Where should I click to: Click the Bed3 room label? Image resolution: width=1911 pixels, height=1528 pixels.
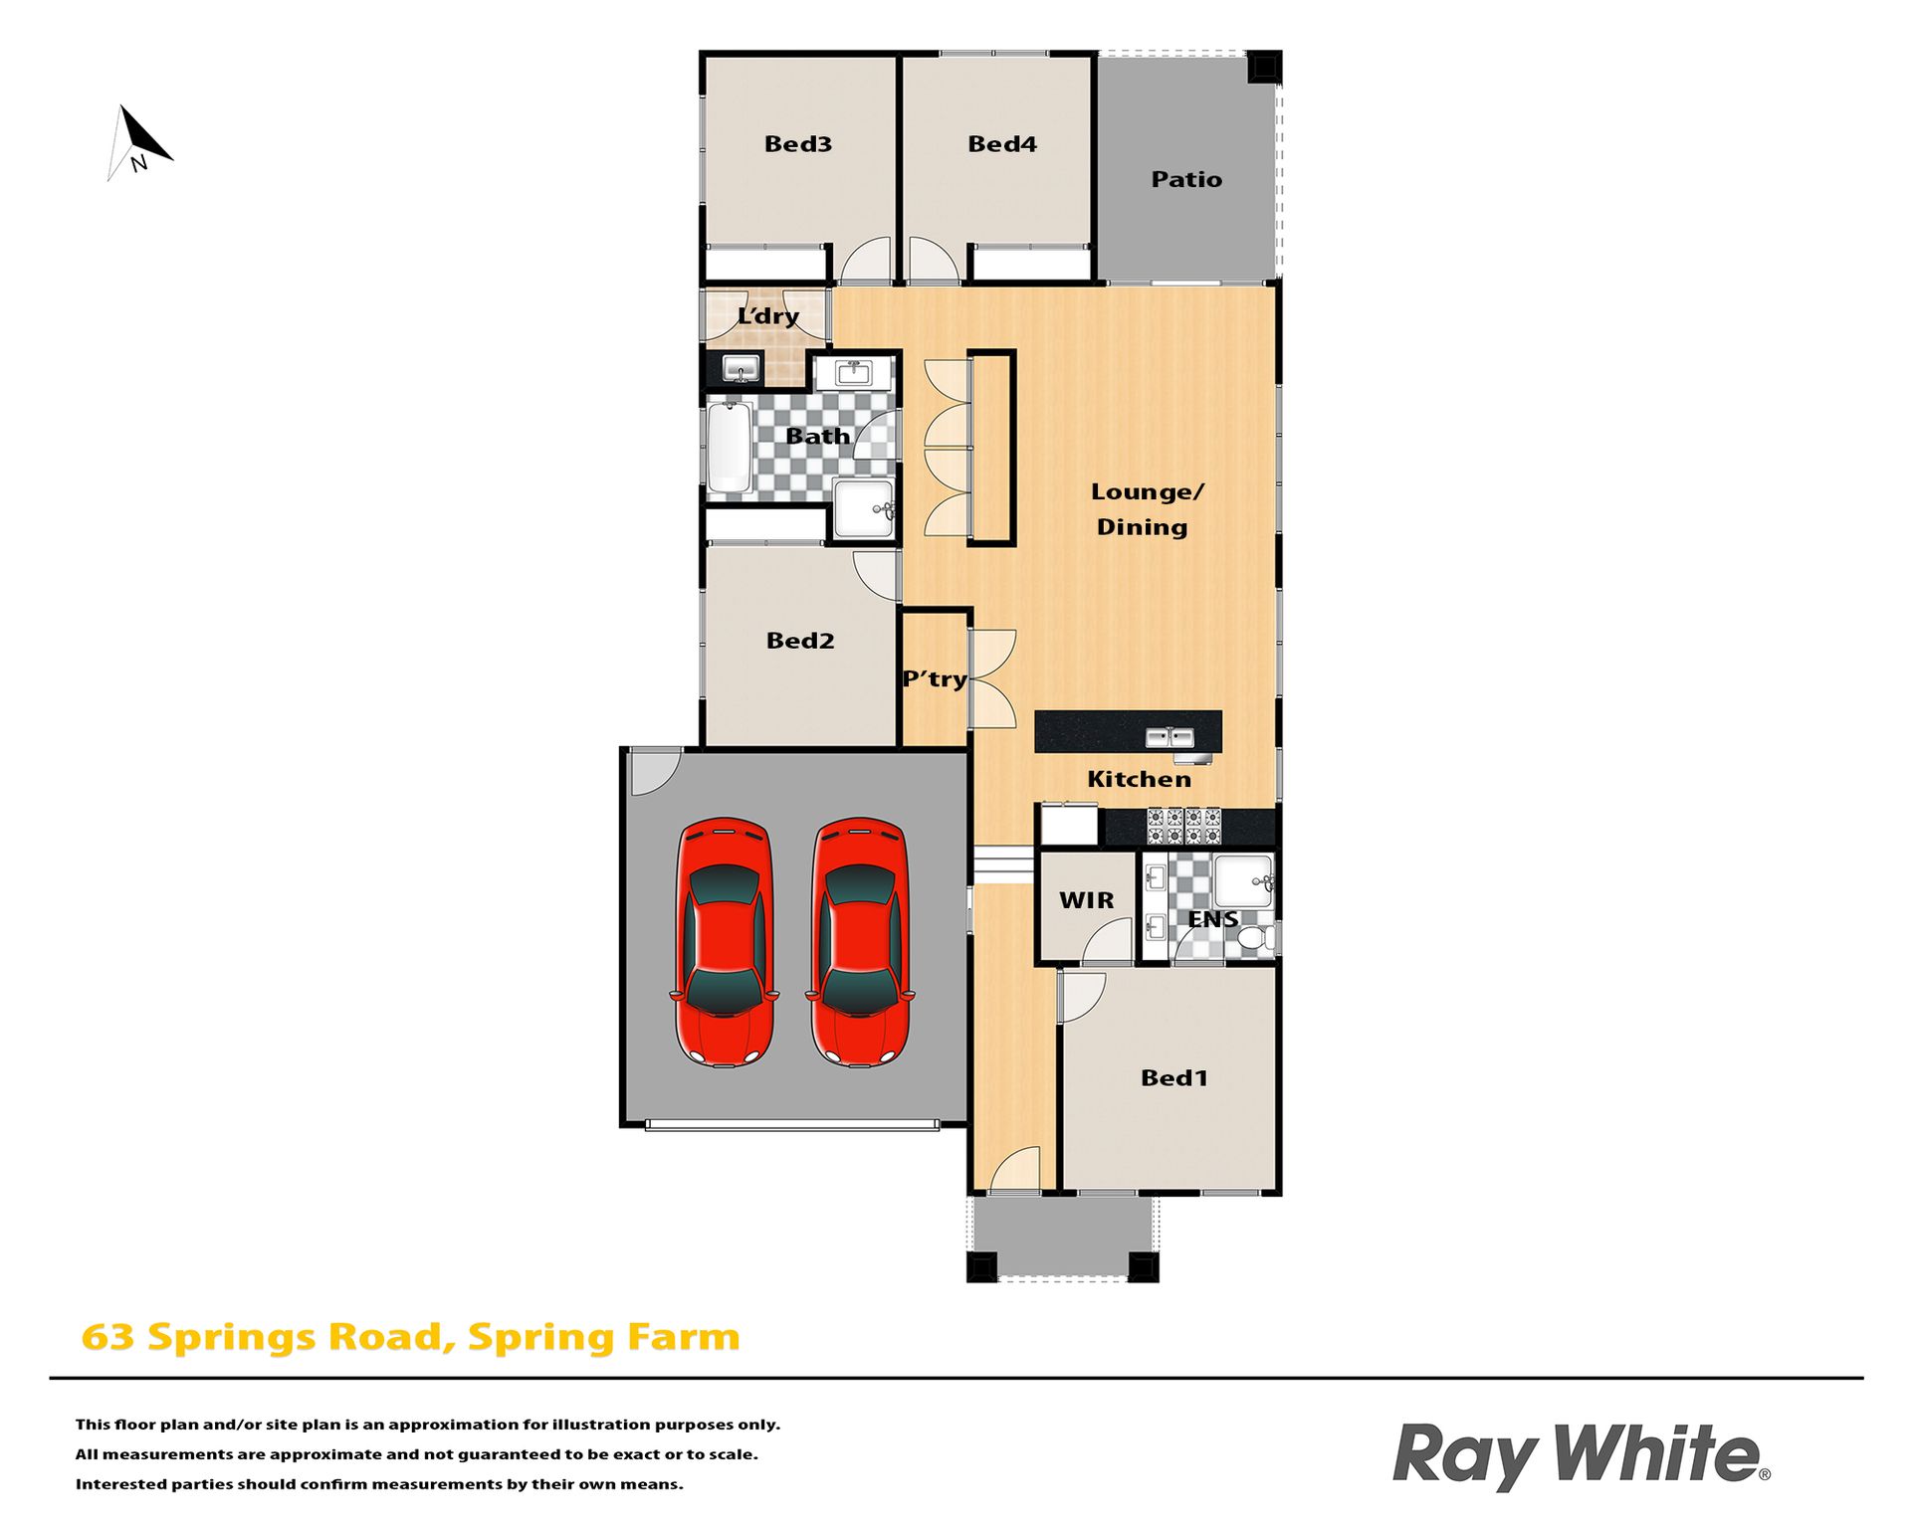(x=798, y=144)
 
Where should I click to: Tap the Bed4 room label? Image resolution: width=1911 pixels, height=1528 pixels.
(x=1002, y=144)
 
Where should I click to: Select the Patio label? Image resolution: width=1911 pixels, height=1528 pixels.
(x=1186, y=179)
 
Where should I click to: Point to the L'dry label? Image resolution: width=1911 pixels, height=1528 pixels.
(x=767, y=316)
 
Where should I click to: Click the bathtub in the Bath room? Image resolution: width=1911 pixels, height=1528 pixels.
(x=730, y=448)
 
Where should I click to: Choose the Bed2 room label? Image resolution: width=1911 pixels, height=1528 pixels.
(x=800, y=641)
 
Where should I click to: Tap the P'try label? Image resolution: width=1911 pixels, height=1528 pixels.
(x=935, y=679)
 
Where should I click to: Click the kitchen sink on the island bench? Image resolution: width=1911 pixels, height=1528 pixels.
(x=1169, y=737)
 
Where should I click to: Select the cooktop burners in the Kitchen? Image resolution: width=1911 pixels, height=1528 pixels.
(x=1183, y=827)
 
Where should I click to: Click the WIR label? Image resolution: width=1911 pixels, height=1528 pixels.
(x=1087, y=900)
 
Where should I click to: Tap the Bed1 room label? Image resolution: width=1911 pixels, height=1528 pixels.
(x=1174, y=1078)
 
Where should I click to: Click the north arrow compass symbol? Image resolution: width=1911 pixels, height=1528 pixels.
(x=139, y=143)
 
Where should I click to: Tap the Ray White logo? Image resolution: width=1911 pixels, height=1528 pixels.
(x=1581, y=1455)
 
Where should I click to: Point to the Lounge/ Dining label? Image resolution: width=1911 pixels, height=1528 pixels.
(x=1146, y=509)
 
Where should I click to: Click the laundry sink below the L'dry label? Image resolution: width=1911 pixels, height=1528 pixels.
(x=740, y=370)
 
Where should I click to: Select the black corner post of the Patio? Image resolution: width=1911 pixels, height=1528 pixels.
(x=1264, y=68)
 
